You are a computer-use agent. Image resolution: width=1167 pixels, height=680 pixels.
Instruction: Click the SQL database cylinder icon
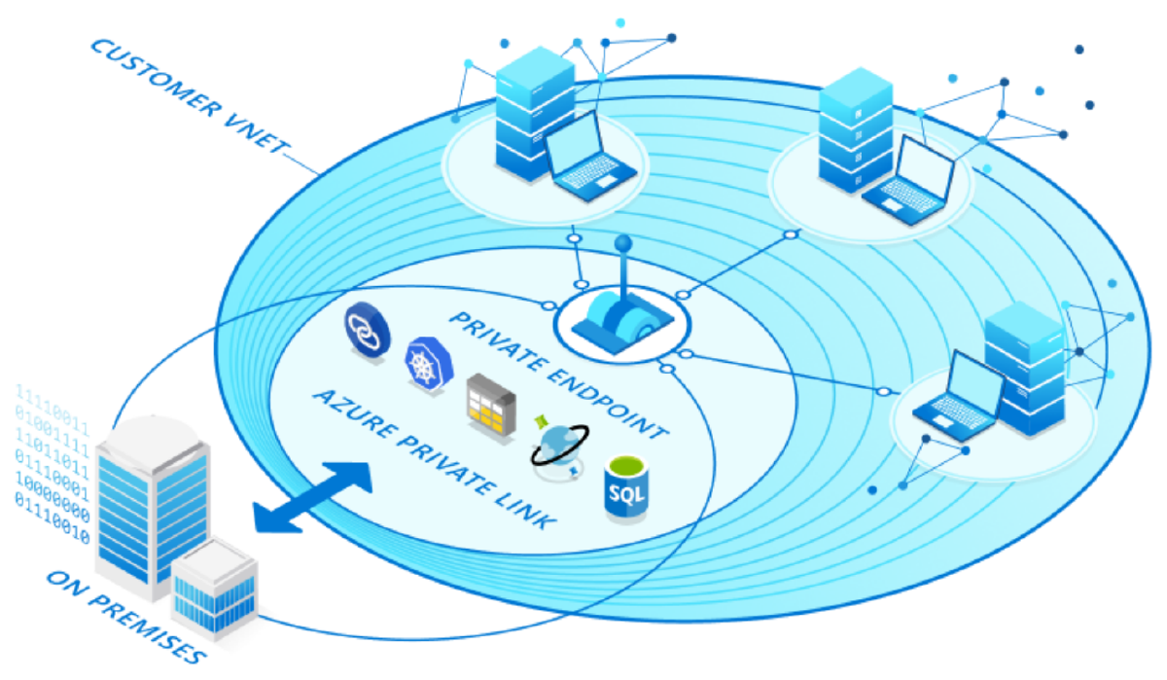pos(626,488)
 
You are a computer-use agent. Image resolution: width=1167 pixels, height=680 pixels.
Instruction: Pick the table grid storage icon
pos(487,402)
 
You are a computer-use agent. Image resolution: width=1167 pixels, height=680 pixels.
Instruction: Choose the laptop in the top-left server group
pos(588,163)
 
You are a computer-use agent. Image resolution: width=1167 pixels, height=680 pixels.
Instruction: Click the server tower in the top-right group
pos(853,137)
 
